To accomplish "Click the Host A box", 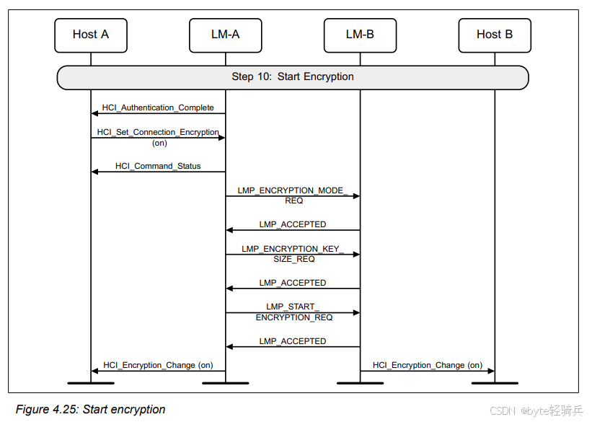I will pos(91,35).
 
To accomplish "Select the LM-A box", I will pos(226,35).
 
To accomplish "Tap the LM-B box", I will pos(360,35).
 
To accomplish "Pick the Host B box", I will pos(495,35).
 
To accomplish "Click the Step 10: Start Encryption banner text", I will pos(293,76).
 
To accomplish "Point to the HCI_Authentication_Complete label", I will pos(158,107).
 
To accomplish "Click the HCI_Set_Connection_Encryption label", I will pos(159,133).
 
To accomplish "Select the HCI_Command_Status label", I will pos(158,166).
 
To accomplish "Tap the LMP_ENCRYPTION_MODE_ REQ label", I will pos(293,195).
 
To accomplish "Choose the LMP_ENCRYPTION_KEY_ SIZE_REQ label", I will pos(293,254).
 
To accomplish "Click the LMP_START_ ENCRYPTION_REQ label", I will pos(293,312).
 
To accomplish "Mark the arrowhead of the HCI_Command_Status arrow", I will pos(94,172).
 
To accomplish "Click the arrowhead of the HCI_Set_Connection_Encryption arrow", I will pos(221,138).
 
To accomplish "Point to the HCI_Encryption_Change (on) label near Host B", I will pos(428,365).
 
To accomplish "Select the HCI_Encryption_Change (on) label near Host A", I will pos(158,365).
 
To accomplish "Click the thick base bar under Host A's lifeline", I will pos(91,383).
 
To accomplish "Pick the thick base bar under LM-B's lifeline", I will pos(360,383).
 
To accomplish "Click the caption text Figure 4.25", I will pos(90,410).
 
